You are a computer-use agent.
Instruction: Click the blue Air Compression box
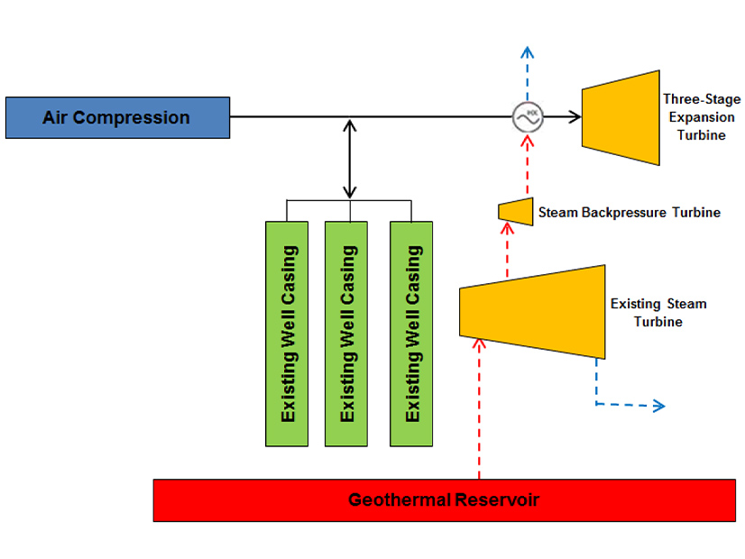pos(117,117)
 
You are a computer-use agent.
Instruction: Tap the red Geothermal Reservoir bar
pos(444,500)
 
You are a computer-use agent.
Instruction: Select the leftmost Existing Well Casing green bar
pos(288,334)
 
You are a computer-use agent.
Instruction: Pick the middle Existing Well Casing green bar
pos(346,334)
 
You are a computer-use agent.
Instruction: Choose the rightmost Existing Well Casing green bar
pos(411,334)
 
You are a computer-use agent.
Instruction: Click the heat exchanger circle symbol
pos(527,116)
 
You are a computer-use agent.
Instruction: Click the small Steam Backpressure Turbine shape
pos(516,211)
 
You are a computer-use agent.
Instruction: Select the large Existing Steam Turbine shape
pos(532,310)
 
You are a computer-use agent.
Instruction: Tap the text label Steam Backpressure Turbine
pos(629,214)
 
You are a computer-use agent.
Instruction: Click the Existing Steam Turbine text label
pos(658,312)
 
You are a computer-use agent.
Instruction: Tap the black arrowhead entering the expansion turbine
pos(572,116)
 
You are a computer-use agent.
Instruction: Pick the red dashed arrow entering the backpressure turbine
pos(506,254)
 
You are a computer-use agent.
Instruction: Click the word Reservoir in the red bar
pos(500,500)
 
